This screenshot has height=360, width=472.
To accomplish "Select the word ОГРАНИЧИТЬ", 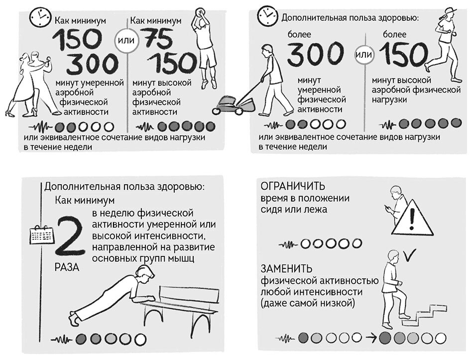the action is [x=293, y=186].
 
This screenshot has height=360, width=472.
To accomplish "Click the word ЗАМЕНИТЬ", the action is [x=287, y=268].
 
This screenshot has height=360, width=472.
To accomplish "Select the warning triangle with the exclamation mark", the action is [x=412, y=218].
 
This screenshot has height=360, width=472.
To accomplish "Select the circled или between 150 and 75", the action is [x=126, y=40].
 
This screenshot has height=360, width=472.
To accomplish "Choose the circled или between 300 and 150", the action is [x=363, y=54].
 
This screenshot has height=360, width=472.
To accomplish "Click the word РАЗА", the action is [x=67, y=267].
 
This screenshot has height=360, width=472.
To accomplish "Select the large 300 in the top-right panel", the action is [x=315, y=54].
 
